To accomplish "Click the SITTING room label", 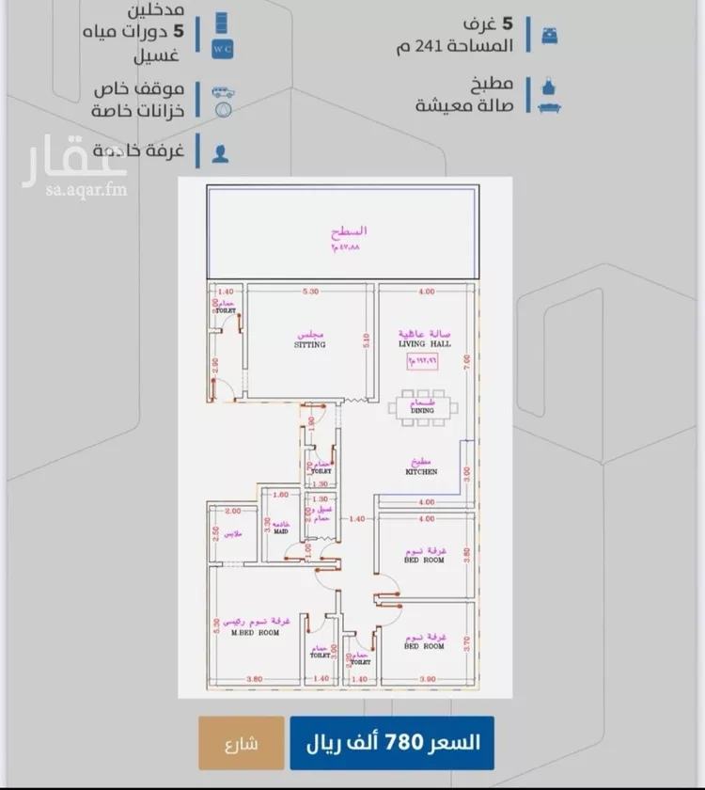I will [309, 344].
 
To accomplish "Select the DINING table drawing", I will [421, 408].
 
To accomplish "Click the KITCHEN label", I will [421, 472].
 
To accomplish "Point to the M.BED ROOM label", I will [256, 633].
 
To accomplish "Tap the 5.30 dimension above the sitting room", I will [311, 292].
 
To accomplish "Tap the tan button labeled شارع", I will [241, 743].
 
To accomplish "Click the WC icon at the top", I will [222, 46].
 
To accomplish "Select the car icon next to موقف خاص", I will [222, 93].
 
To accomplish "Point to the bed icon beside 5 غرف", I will [549, 33].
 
